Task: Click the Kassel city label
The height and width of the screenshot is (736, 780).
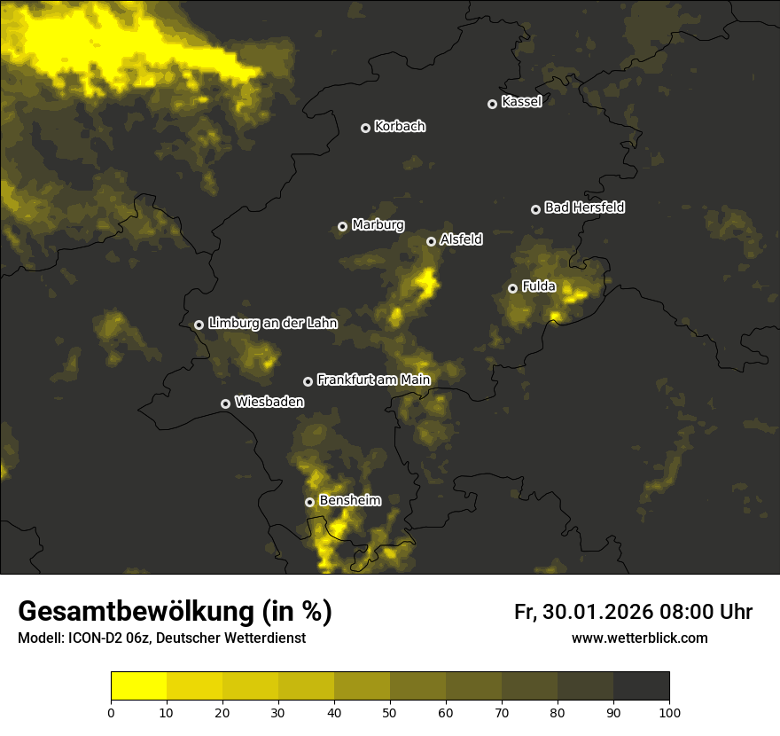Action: pyautogui.click(x=521, y=102)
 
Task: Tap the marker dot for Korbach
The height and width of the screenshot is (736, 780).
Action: pyautogui.click(x=365, y=128)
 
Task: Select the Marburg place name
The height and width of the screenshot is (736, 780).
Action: pyautogui.click(x=378, y=225)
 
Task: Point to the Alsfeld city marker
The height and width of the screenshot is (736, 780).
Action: pyautogui.click(x=431, y=241)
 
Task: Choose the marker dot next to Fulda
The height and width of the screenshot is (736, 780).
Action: pyautogui.click(x=512, y=288)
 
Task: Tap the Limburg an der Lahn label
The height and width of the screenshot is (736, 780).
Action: pyautogui.click(x=273, y=324)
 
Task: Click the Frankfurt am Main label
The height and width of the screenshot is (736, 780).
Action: pyautogui.click(x=373, y=380)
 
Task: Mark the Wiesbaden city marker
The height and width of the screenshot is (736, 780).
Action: pyautogui.click(x=225, y=403)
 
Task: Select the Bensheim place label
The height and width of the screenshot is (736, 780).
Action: pyautogui.click(x=350, y=501)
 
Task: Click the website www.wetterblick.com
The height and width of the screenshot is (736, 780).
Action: pyautogui.click(x=640, y=638)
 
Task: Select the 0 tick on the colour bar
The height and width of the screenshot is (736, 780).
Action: pyautogui.click(x=111, y=712)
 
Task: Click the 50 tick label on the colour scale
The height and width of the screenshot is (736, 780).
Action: pyautogui.click(x=390, y=712)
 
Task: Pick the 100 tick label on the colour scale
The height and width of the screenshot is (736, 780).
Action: pyautogui.click(x=669, y=712)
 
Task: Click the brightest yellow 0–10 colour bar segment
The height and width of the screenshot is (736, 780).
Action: pyautogui.click(x=139, y=685)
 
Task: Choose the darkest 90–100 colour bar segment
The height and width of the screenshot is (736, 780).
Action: pyautogui.click(x=641, y=685)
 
